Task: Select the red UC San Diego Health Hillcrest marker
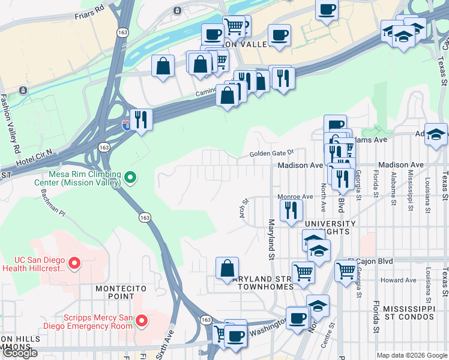(74, 263)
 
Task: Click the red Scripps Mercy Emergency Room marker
(142, 321)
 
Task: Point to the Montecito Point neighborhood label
(121, 293)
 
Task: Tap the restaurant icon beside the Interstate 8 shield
(140, 119)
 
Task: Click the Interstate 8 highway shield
(126, 125)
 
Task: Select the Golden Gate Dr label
(272, 154)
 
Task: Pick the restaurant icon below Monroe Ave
(291, 210)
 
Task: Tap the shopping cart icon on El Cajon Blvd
(346, 272)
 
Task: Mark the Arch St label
(245, 209)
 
